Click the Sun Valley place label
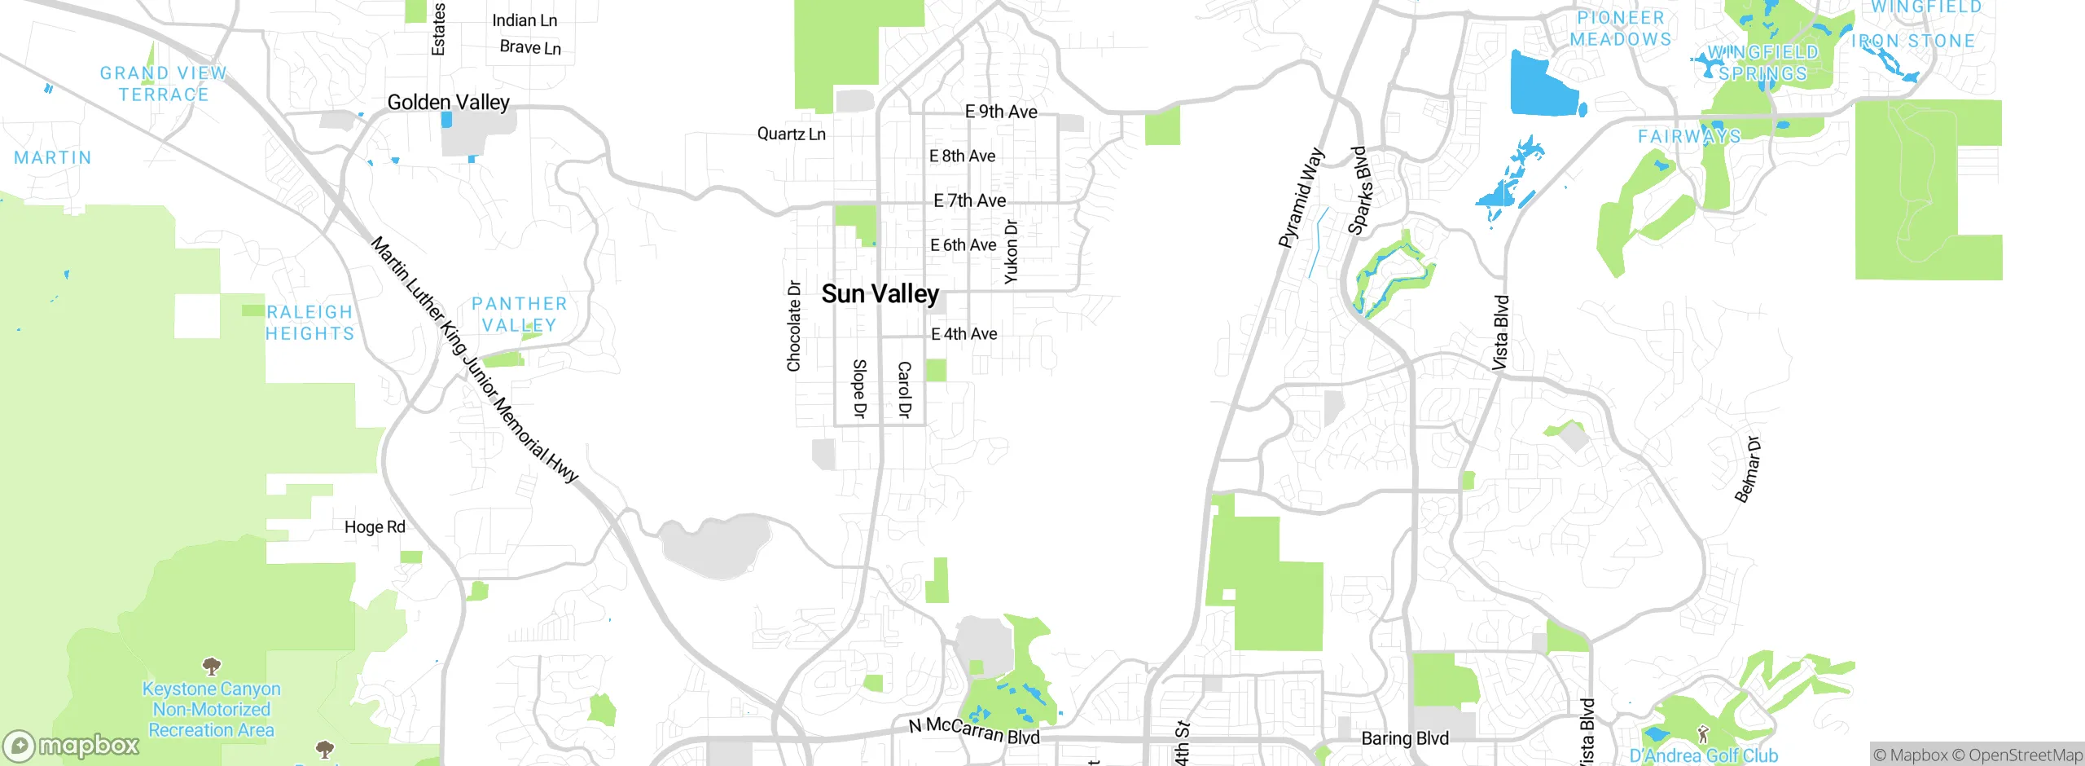(880, 294)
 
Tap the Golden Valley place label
(448, 103)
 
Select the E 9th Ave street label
(1001, 112)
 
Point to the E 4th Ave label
(963, 334)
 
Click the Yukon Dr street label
(1011, 252)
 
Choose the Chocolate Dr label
(793, 326)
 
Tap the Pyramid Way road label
(1301, 198)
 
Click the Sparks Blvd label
(1359, 191)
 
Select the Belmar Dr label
(1747, 470)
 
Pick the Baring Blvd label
(1405, 738)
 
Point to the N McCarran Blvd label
(974, 730)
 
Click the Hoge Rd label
(375, 527)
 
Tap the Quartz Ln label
(791, 134)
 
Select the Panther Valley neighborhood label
(519, 315)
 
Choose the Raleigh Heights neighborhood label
(309, 323)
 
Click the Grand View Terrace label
(163, 84)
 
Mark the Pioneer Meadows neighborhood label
(1620, 29)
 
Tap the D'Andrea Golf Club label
(1704, 755)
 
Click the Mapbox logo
(72, 746)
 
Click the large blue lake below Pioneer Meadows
(1542, 86)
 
